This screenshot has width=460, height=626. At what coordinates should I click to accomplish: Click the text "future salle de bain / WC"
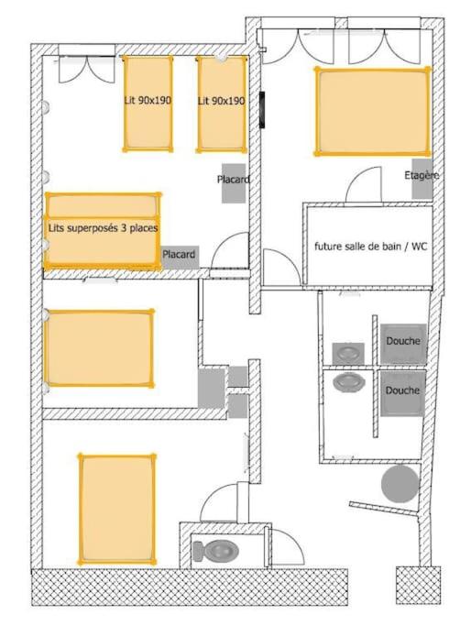point(370,247)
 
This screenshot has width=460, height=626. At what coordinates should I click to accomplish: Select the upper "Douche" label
point(403,341)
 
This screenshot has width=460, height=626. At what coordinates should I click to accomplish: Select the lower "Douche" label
point(403,390)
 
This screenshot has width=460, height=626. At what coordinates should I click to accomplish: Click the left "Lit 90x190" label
point(147,101)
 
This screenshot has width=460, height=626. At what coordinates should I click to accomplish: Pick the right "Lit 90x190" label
point(222,101)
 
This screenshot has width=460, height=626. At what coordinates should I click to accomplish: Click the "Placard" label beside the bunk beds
point(180,254)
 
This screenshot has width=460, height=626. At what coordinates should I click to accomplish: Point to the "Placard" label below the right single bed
point(234,180)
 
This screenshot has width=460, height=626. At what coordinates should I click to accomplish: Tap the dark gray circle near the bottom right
point(400,483)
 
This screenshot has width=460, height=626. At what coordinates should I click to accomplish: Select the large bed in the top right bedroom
point(372,112)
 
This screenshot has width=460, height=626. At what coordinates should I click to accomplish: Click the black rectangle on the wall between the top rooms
point(263,109)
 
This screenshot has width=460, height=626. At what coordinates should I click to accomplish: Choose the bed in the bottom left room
point(116,508)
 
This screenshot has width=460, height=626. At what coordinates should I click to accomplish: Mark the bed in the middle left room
point(99,348)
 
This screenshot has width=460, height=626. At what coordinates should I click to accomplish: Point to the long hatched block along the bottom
point(190,587)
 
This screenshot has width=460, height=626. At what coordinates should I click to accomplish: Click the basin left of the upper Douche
point(349,352)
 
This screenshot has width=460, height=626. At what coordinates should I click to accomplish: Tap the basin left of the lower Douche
point(349,381)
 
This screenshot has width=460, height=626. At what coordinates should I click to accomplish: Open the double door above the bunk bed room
point(87,66)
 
